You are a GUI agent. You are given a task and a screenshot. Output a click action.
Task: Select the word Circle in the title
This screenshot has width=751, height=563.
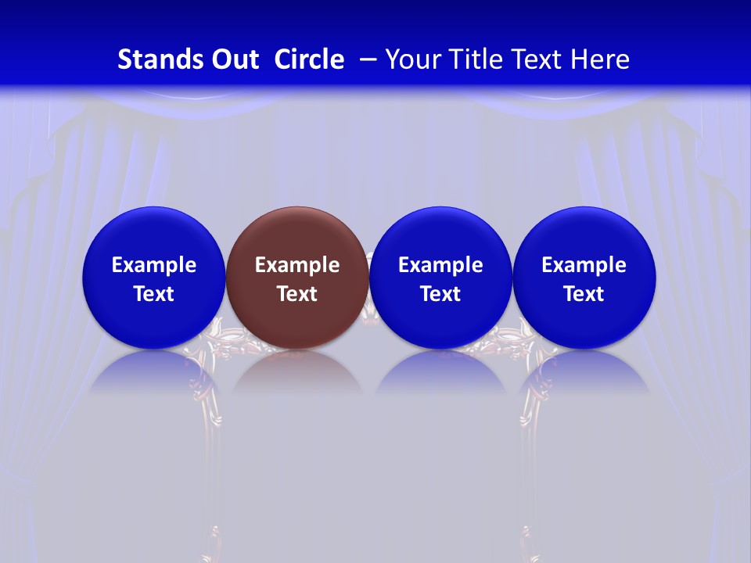(x=309, y=59)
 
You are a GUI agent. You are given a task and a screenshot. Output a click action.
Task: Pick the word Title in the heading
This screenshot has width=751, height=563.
(x=479, y=59)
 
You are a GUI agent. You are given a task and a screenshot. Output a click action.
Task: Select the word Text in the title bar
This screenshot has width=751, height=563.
(x=541, y=59)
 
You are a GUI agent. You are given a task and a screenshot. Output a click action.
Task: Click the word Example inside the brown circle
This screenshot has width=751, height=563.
(x=297, y=265)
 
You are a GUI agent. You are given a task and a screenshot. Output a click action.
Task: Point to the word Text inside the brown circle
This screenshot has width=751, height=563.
(x=297, y=294)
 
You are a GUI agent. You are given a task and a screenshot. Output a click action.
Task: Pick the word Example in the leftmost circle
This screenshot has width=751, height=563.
(x=153, y=265)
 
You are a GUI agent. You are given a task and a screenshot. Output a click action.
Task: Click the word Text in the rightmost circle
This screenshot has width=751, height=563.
(x=584, y=294)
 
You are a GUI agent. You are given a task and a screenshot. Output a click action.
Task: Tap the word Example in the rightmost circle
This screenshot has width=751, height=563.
(x=584, y=265)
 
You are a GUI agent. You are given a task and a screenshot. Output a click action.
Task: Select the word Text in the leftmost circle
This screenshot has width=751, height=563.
(x=153, y=294)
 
